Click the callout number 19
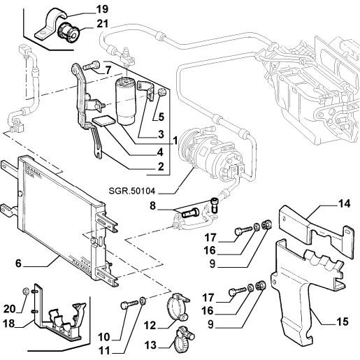(102, 9)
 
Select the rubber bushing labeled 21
(69, 33)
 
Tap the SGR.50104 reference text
(131, 191)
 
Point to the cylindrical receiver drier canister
(125, 101)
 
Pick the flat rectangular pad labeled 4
(103, 121)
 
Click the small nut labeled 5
(161, 92)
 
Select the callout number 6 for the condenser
(18, 264)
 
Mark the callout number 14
(344, 204)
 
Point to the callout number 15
(343, 322)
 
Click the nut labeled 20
(26, 291)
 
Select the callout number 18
(9, 324)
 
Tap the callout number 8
(152, 206)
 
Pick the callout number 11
(104, 351)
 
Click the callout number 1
(175, 141)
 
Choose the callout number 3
(161, 134)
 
